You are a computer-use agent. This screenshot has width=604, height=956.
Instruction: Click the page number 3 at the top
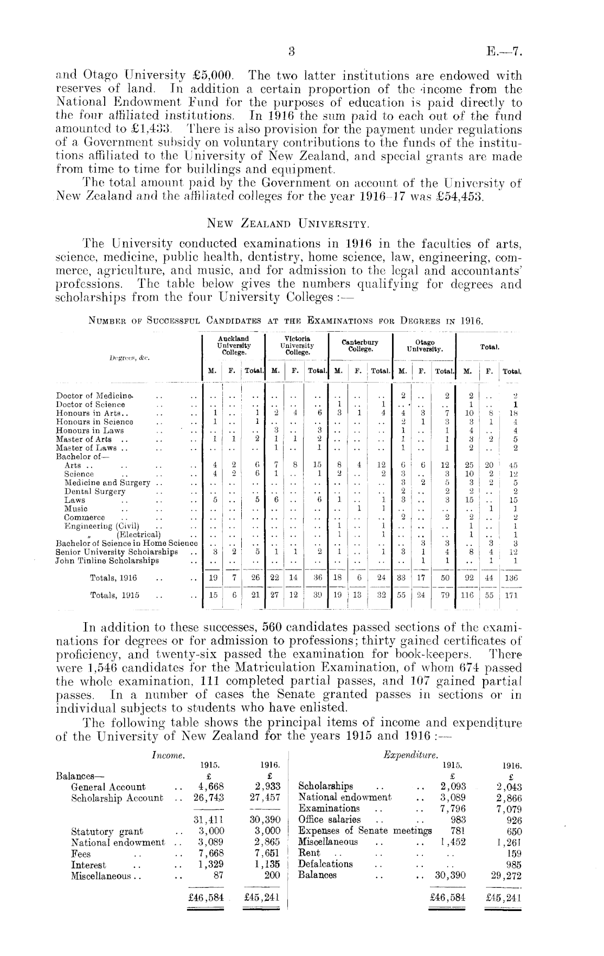(x=291, y=53)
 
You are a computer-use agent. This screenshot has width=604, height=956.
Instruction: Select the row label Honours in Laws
(x=87, y=431)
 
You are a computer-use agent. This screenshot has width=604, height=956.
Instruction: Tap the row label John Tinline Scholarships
(x=107, y=560)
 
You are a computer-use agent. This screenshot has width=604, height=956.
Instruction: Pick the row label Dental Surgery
(x=95, y=492)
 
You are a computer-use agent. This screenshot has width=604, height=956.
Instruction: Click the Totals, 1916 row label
(x=113, y=578)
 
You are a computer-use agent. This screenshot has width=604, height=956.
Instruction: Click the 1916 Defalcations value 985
(x=513, y=864)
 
